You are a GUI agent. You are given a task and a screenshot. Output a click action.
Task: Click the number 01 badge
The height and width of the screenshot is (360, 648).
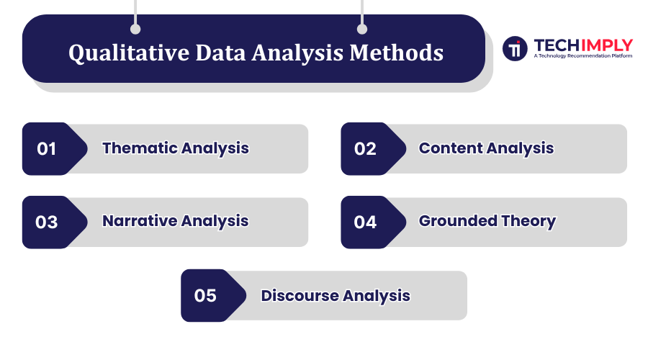tap(47, 149)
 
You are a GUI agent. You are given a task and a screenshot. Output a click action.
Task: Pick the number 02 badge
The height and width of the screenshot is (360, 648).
tap(365, 149)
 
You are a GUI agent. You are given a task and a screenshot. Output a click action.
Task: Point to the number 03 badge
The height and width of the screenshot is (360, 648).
tap(47, 222)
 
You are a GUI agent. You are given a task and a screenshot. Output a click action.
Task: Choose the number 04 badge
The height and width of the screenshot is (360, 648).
tap(365, 222)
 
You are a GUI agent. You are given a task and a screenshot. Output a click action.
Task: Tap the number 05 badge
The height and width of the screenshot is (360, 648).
tap(205, 296)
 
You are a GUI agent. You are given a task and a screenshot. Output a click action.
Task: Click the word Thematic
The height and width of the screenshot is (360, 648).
tap(140, 148)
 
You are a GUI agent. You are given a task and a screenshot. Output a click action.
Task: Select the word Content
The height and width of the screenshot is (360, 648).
tap(451, 148)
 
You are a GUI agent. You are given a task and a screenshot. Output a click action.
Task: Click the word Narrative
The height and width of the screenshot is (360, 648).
tap(140, 221)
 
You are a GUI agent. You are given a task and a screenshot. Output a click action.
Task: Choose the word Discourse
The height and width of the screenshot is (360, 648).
tap(300, 295)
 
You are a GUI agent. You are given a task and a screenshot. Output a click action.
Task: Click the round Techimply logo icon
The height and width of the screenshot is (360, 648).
tap(515, 48)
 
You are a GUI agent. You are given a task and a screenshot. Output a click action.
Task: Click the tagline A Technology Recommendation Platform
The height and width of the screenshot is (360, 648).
tap(583, 55)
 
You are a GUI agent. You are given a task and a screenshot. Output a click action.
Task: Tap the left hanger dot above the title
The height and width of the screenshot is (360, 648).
tap(135, 30)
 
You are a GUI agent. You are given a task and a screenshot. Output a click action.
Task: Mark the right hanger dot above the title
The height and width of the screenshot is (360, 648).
tap(362, 30)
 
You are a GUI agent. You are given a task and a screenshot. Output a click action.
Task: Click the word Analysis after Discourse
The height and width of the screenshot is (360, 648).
tap(377, 295)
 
